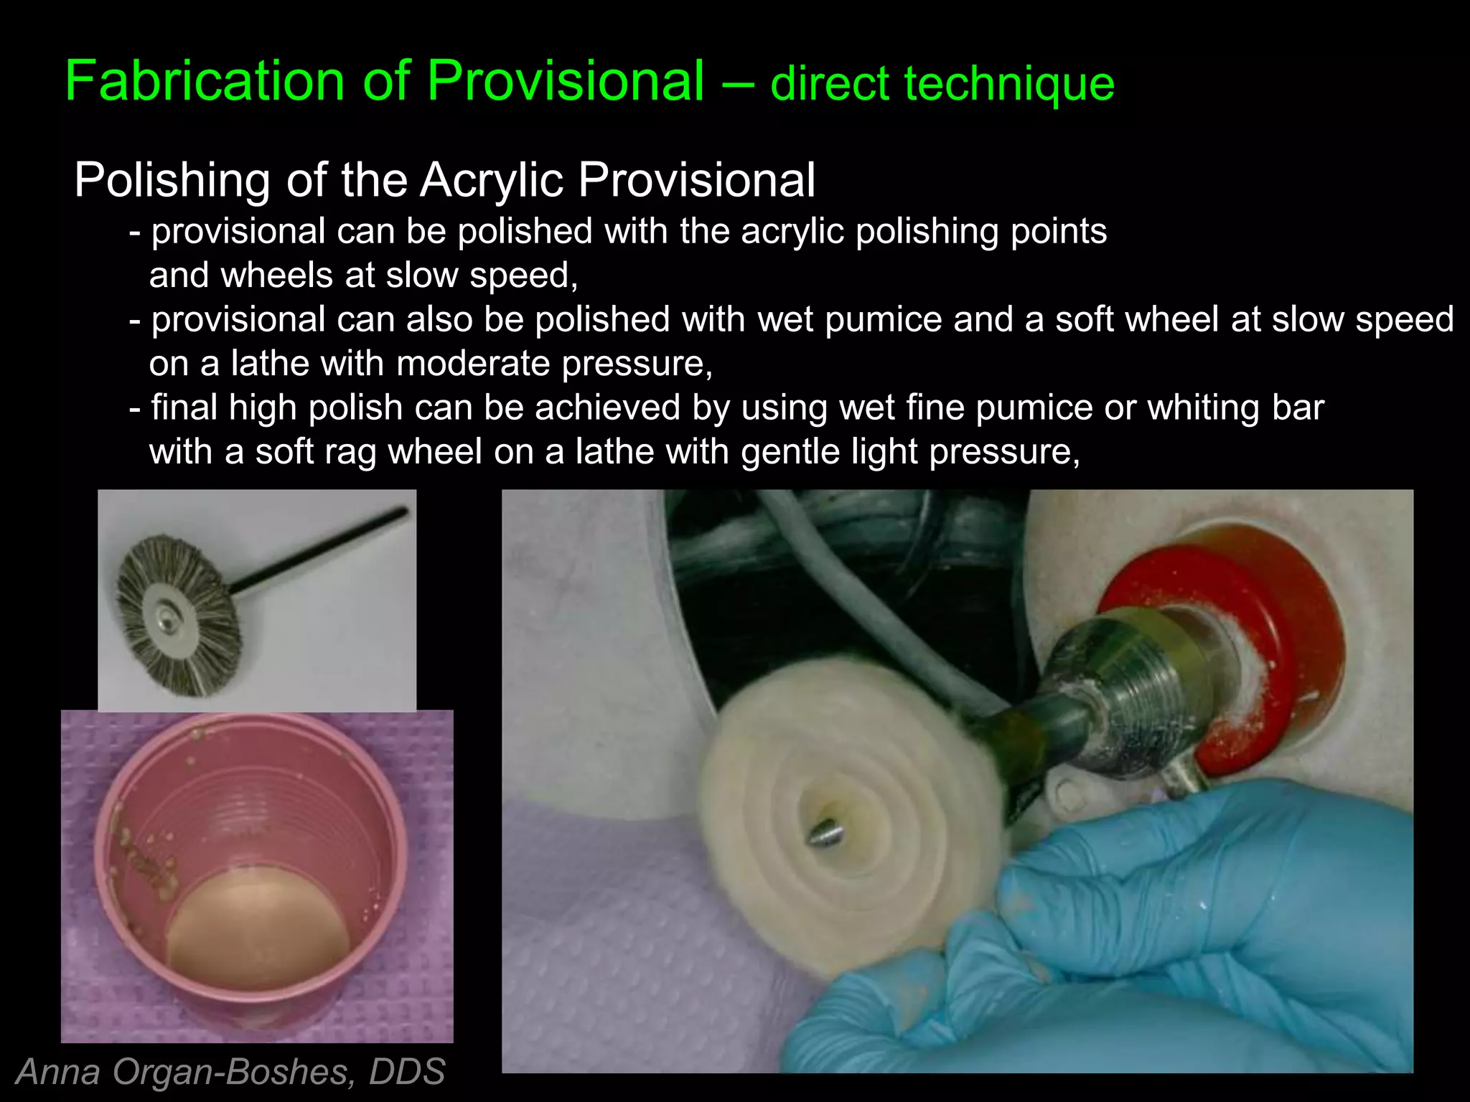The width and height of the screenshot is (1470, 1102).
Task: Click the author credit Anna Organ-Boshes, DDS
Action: [230, 1072]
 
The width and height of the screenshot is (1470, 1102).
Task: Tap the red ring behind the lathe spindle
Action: [1285, 631]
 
